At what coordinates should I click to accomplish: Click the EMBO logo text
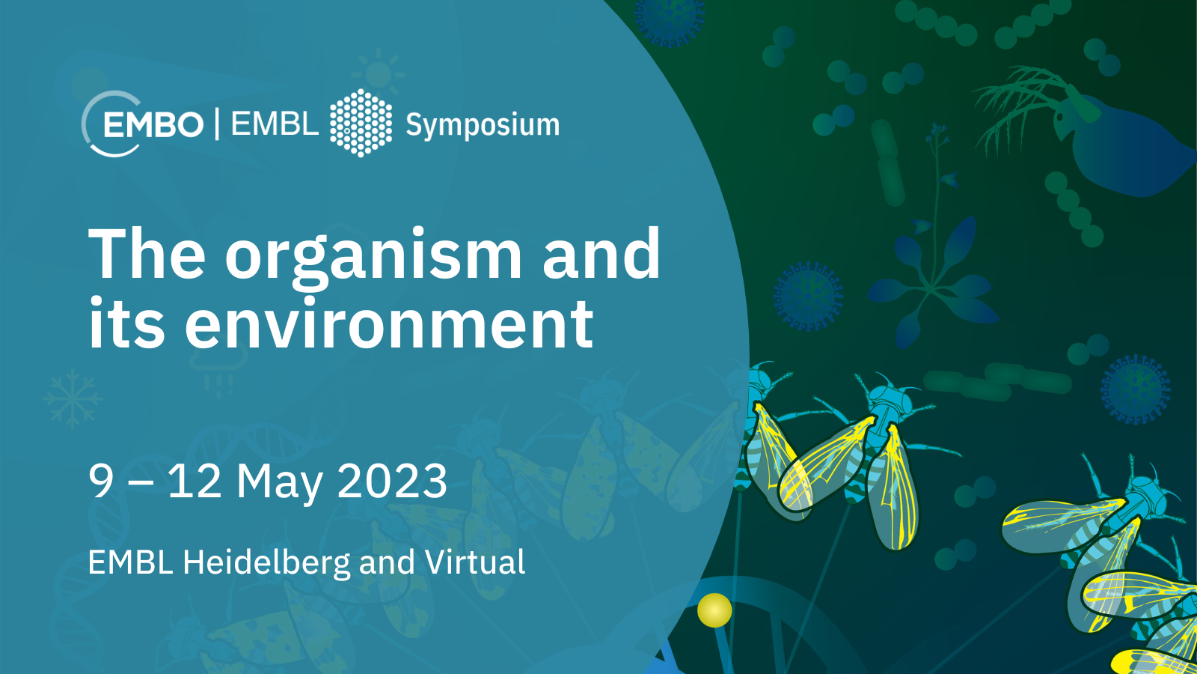[153, 124]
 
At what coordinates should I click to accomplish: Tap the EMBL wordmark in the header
[275, 124]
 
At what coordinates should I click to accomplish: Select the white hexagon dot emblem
[361, 123]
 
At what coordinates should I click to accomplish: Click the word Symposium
[483, 126]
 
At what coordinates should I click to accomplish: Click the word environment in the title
[389, 324]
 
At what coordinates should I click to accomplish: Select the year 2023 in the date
[392, 481]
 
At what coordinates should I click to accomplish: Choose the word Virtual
[475, 562]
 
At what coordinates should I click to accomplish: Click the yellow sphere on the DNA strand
[714, 610]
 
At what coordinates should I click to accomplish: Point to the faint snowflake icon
[72, 398]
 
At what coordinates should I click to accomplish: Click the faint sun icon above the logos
[379, 73]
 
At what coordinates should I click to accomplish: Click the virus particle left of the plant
[808, 296]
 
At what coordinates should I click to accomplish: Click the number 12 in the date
[195, 482]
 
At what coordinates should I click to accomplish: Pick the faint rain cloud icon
[219, 369]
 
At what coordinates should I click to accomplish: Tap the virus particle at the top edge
[670, 19]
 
